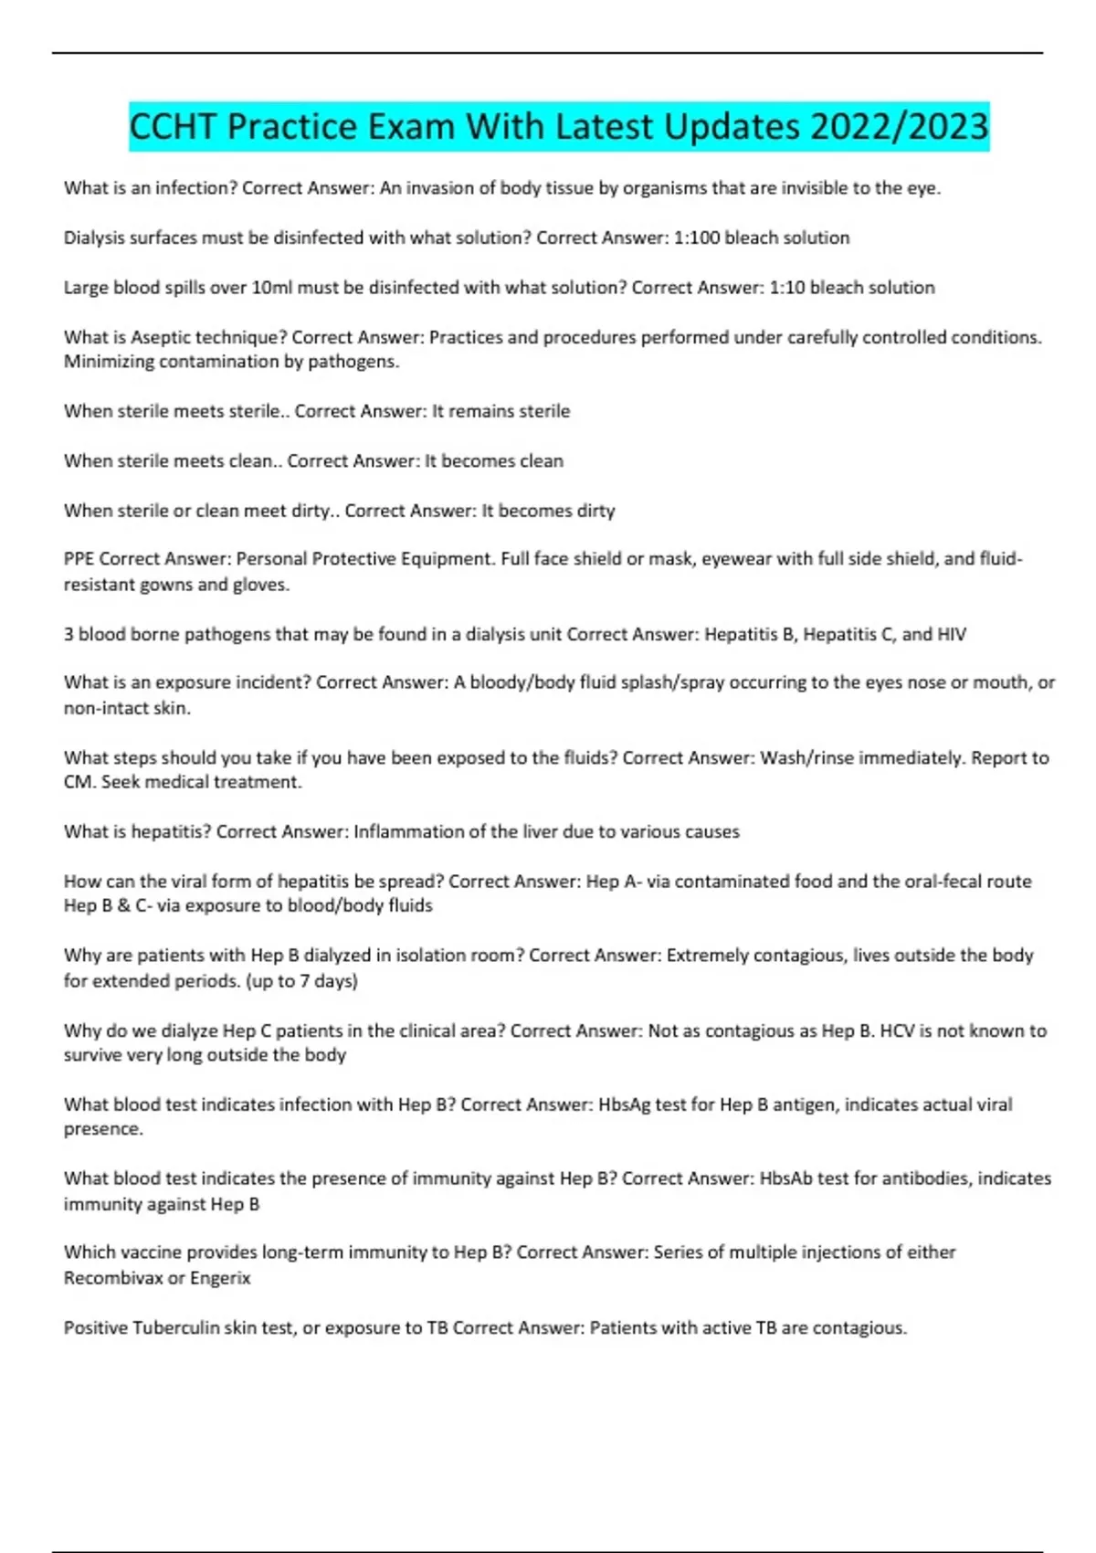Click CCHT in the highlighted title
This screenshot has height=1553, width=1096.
coord(174,126)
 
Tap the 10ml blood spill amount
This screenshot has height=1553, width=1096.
coord(271,288)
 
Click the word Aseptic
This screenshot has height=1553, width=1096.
coord(161,337)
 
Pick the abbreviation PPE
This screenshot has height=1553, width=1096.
coord(79,558)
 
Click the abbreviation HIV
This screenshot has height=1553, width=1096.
coord(951,634)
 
